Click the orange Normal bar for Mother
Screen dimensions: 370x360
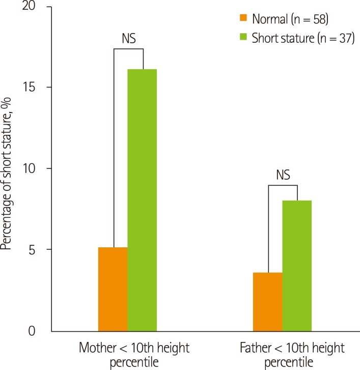tap(113, 289)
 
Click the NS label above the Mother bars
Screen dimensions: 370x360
tap(128, 38)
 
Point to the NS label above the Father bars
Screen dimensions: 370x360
tap(283, 175)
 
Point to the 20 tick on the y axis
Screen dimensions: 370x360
tap(38, 7)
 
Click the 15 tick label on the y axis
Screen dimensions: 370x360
tap(38, 88)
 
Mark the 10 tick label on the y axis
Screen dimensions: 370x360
tap(38, 168)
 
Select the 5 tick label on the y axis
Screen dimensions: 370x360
tap(41, 249)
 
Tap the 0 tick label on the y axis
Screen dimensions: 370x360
tap(41, 331)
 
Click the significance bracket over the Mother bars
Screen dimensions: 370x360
tap(128, 49)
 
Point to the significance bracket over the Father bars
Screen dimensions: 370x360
tap(283, 185)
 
